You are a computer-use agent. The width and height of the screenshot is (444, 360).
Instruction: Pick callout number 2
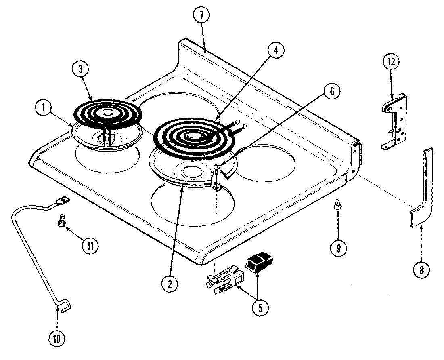point(170,284)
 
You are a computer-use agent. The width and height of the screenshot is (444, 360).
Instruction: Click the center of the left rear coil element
point(107,113)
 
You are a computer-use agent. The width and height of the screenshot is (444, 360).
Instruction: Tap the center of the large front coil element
point(193,138)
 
